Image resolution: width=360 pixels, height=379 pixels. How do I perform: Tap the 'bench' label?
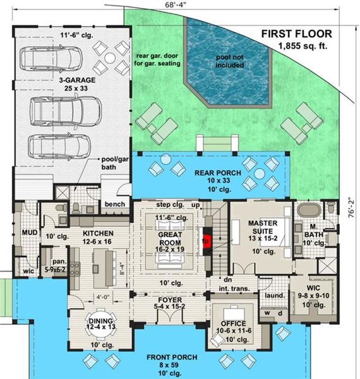click(x=114, y=205)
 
